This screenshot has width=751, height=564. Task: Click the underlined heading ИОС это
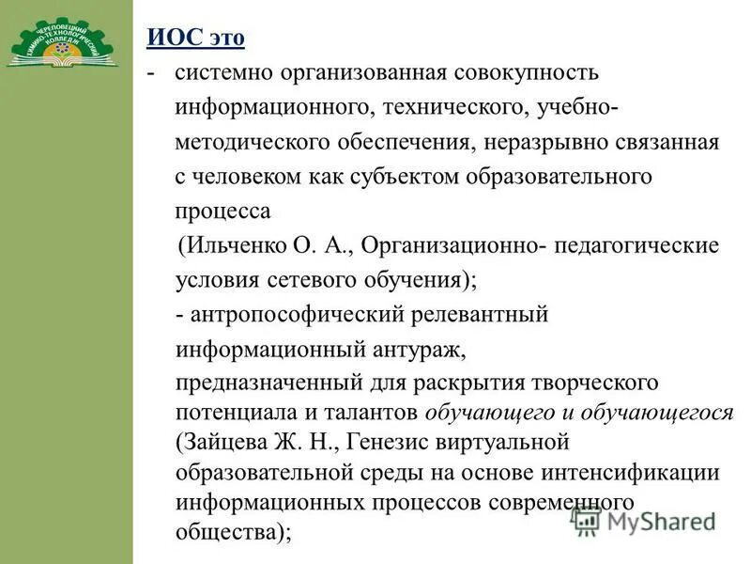coord(195,39)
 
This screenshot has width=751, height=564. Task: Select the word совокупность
coord(527,71)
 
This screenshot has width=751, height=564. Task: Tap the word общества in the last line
coord(225,530)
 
